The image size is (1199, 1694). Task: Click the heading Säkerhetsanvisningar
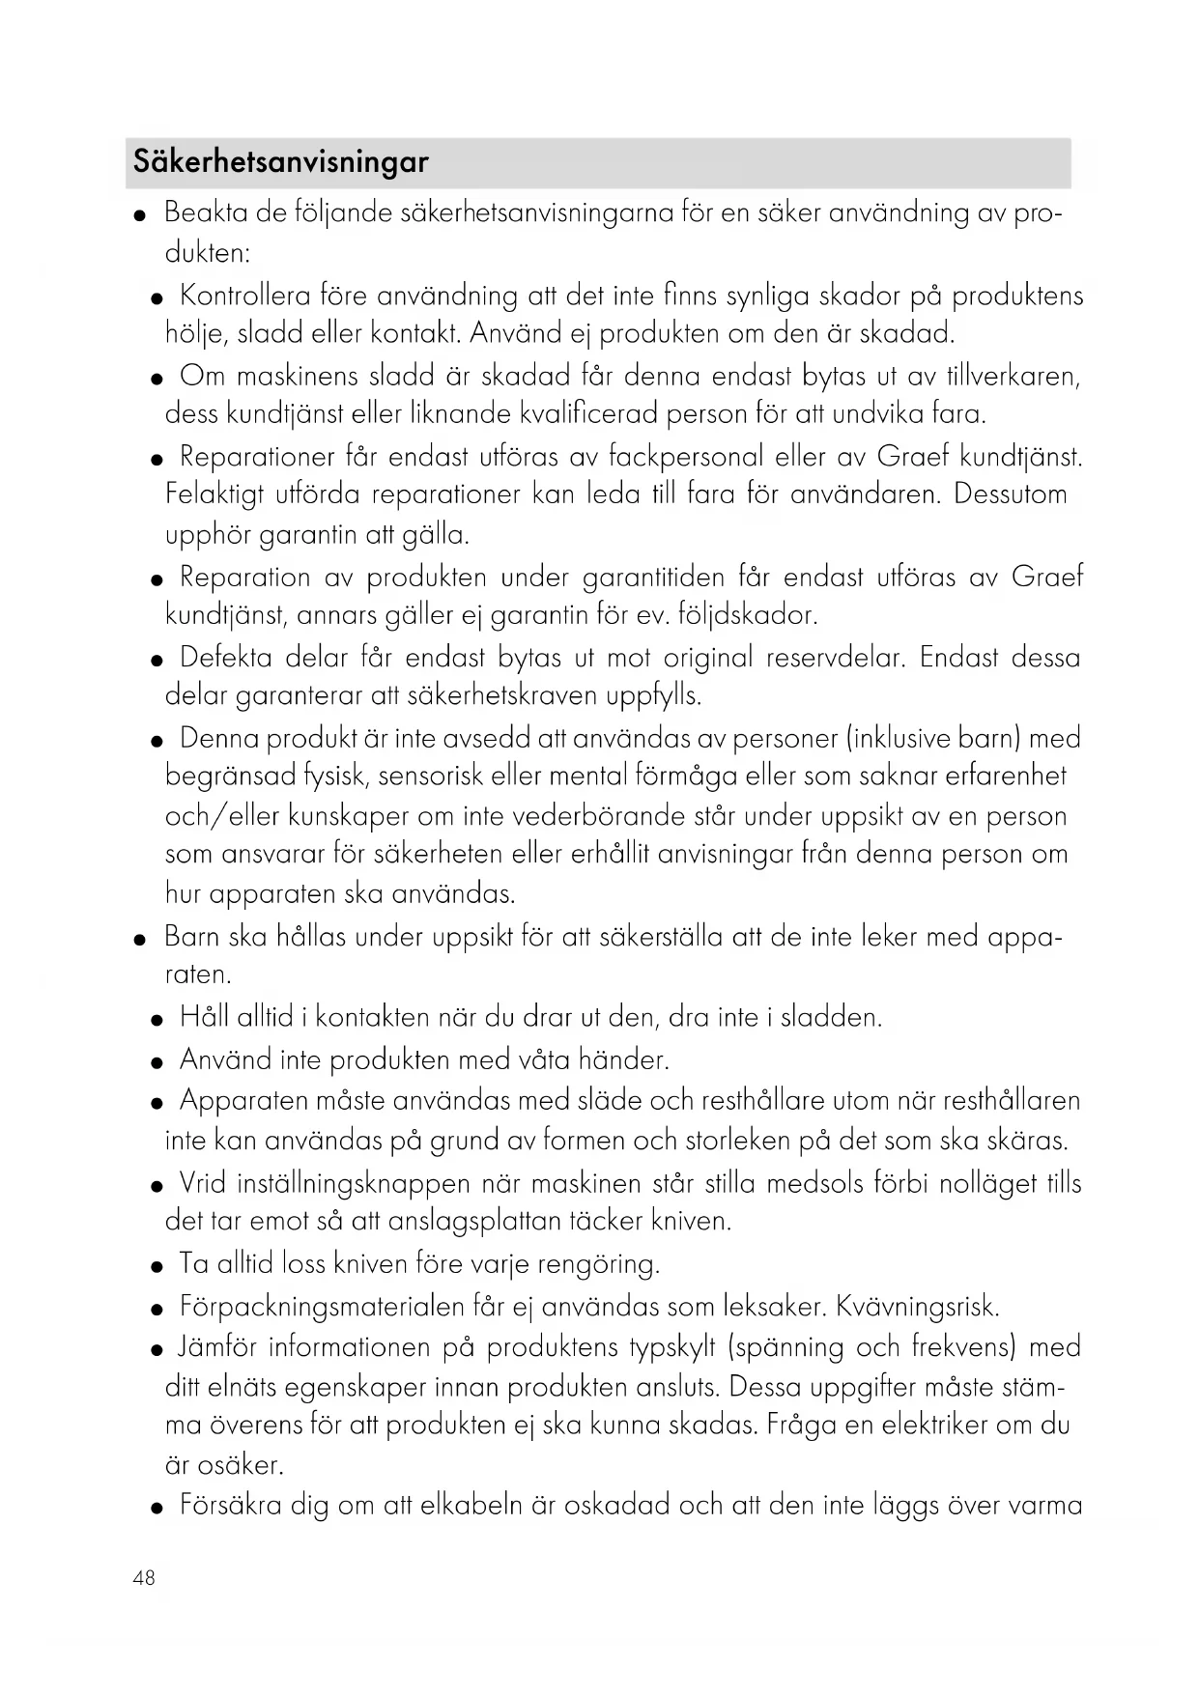[280, 161]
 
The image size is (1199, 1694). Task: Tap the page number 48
[144, 1578]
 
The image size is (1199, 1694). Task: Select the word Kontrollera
[245, 295]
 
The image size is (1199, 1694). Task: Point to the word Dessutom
[1011, 494]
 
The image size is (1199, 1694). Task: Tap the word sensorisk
[431, 776]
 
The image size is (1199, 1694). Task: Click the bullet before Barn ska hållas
[141, 939]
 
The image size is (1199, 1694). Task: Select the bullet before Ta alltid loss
[157, 1266]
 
